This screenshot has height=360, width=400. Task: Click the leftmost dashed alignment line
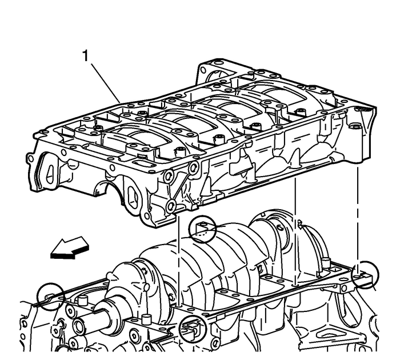[x=179, y=257]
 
